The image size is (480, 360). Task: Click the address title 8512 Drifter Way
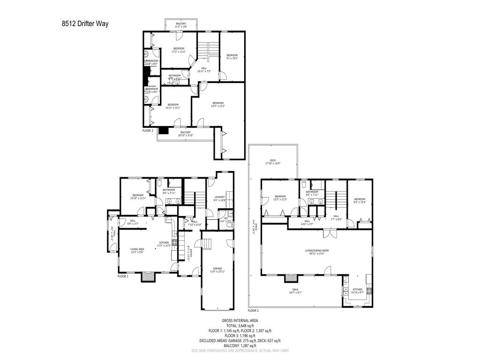click(x=84, y=23)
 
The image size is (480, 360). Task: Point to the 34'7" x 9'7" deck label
click(x=295, y=291)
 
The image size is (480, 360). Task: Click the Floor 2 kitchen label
click(x=358, y=291)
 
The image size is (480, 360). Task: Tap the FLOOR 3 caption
click(x=148, y=130)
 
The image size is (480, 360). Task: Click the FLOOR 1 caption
click(x=123, y=276)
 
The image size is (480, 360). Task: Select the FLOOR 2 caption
click(x=253, y=310)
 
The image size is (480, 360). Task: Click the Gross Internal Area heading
click(x=240, y=321)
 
